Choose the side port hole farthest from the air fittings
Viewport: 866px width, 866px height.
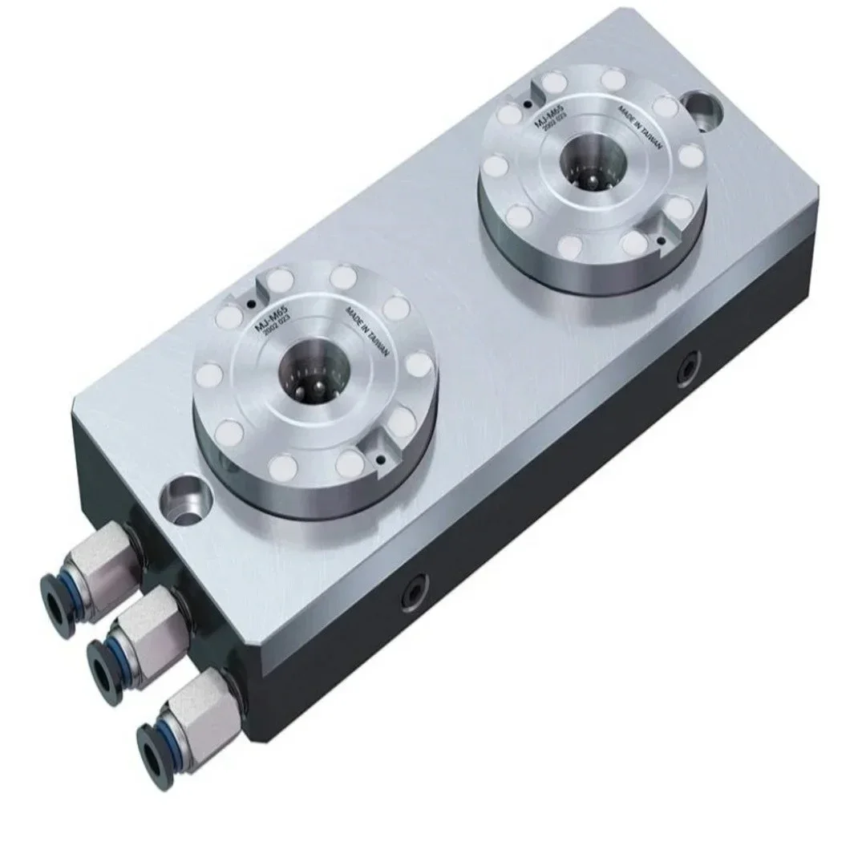[688, 370]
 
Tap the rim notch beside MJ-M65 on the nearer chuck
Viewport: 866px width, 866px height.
[261, 282]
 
